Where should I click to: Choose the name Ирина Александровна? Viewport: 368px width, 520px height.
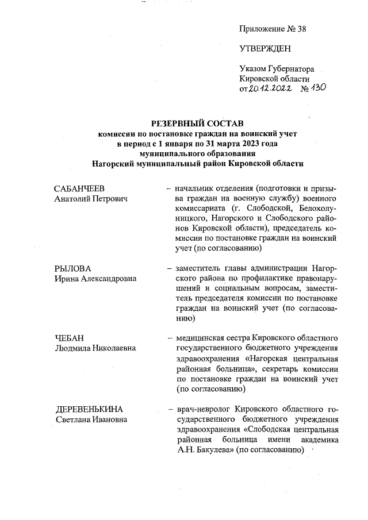(x=95, y=279)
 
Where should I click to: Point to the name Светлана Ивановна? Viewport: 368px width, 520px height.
(x=91, y=419)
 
